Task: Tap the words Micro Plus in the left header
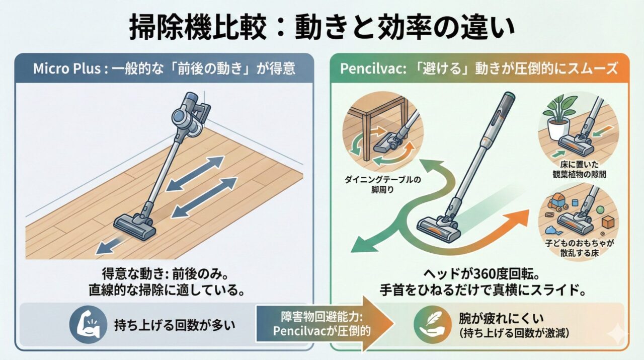(x=67, y=68)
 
